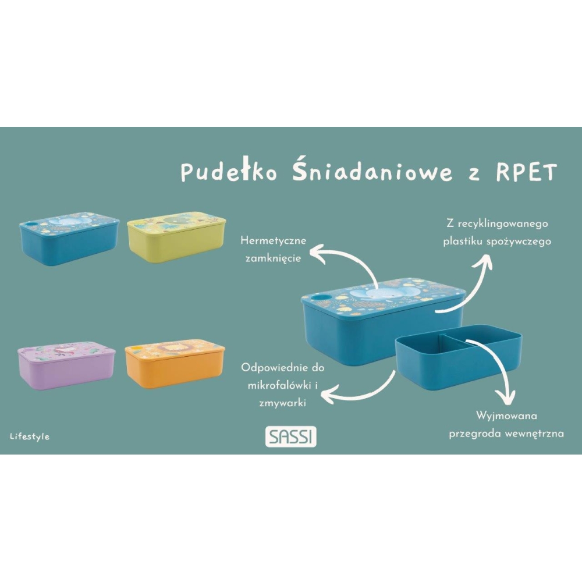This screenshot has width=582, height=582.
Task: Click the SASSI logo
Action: [290, 436]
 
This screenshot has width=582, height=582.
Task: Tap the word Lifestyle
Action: [30, 436]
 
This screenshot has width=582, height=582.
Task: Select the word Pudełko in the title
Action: [229, 172]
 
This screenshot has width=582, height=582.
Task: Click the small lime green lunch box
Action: [176, 237]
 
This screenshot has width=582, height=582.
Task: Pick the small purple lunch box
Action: [66, 365]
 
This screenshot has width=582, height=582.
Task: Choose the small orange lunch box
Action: [175, 363]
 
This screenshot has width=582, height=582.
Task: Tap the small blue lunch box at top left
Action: [69, 239]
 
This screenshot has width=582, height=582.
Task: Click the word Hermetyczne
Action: [273, 240]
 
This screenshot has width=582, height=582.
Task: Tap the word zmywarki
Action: [282, 403]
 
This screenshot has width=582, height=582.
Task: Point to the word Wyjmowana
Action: [506, 416]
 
